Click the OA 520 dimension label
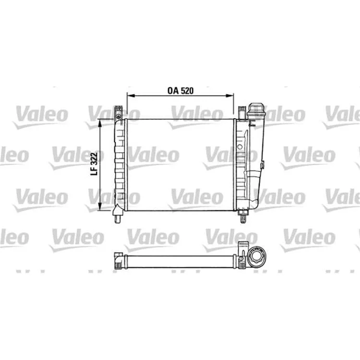[x=180, y=91]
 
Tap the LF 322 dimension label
[x=94, y=164]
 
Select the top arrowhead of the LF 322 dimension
[x=100, y=123]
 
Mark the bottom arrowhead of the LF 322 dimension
[x=100, y=206]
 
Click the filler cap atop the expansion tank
[x=255, y=108]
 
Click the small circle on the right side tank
[x=240, y=147]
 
